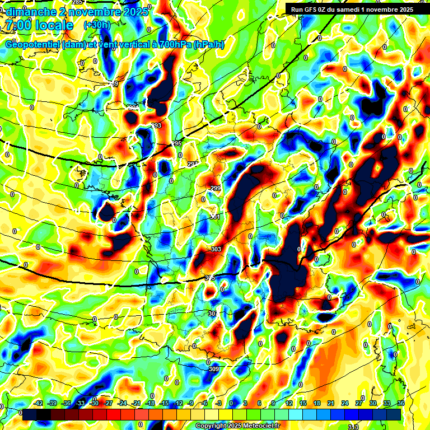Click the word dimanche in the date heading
click(28, 11)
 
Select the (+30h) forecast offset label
click(96, 25)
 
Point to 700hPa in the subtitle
click(171, 45)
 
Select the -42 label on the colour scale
click(39, 403)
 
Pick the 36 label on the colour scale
click(401, 403)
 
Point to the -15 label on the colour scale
click(164, 403)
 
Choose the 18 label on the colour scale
click(317, 403)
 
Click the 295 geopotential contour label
click(177, 144)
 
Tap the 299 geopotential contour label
click(216, 188)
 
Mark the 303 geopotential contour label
click(216, 249)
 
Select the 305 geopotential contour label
click(210, 278)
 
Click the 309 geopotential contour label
click(213, 369)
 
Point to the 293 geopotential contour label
click(156, 125)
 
